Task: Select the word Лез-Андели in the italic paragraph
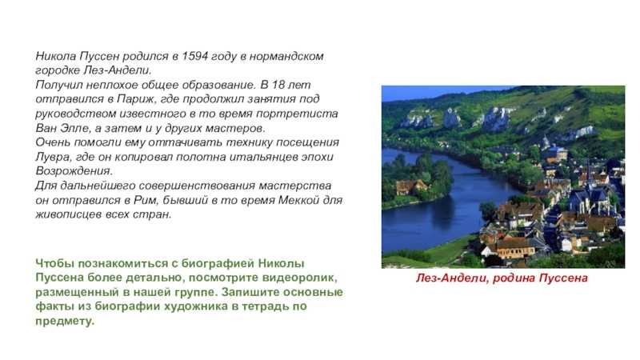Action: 117,70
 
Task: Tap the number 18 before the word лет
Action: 278,85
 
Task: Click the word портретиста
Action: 302,114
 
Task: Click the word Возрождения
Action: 74,171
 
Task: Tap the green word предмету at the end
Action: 65,321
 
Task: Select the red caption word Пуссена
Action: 563,278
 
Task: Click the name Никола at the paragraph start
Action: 55,56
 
